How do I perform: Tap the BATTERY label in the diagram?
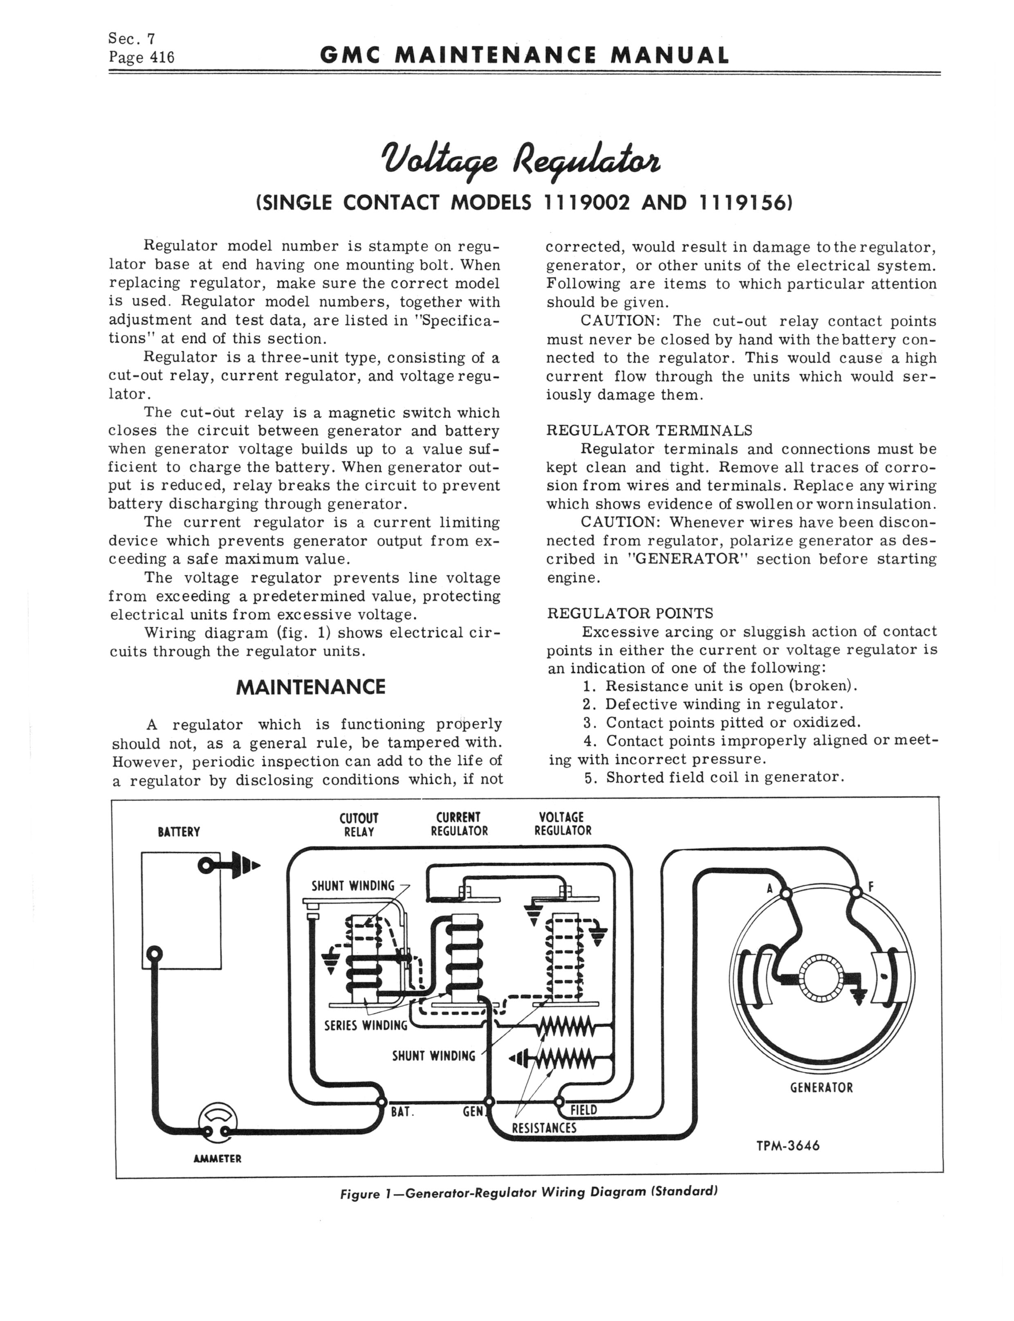(x=179, y=832)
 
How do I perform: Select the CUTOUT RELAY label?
(x=359, y=825)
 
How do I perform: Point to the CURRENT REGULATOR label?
(x=459, y=825)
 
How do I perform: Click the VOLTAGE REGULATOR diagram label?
(x=563, y=825)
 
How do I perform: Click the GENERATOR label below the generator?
(x=821, y=1088)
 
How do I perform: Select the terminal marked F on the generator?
(x=856, y=892)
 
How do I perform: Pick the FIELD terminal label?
(x=583, y=1109)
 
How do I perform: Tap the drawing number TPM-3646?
(x=788, y=1145)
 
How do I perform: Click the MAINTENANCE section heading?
(x=311, y=687)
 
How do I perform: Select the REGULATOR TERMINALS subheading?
(x=649, y=430)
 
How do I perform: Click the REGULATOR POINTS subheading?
(x=630, y=613)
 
